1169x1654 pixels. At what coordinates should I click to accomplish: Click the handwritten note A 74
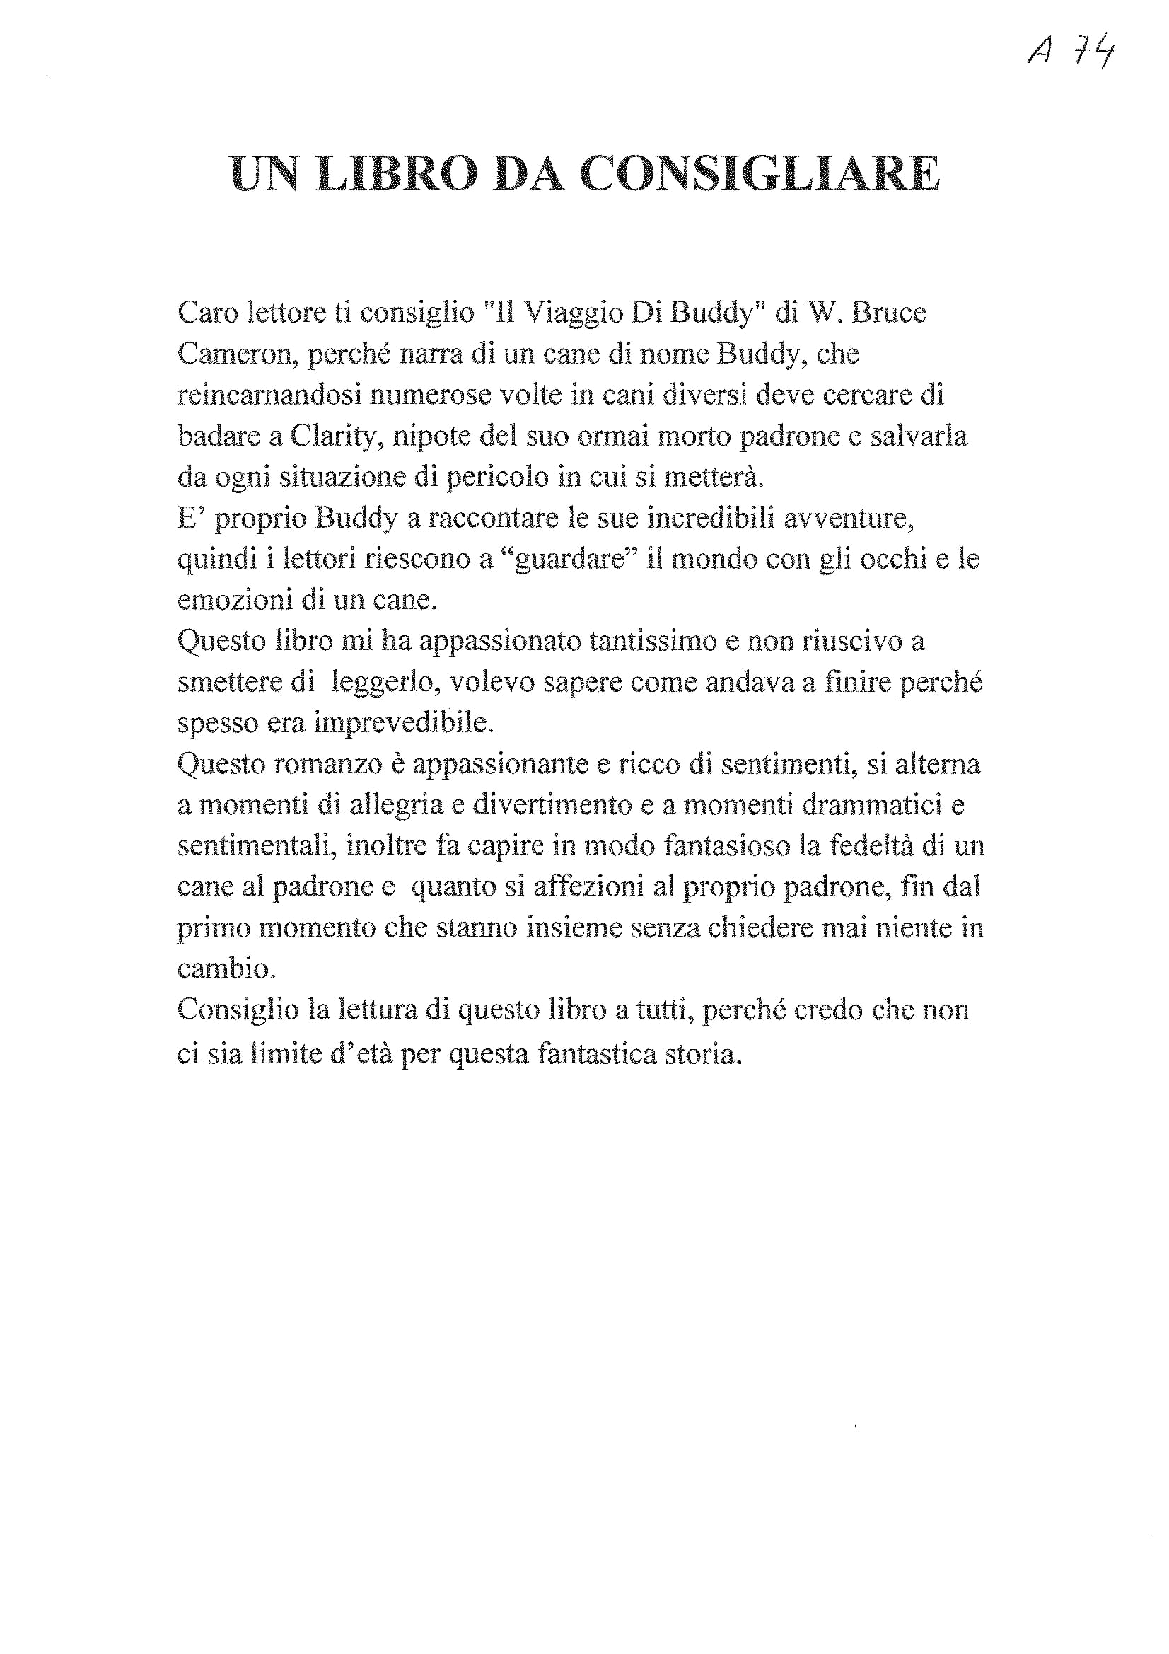(x=1071, y=50)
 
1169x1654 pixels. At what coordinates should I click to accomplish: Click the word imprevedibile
(x=404, y=723)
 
